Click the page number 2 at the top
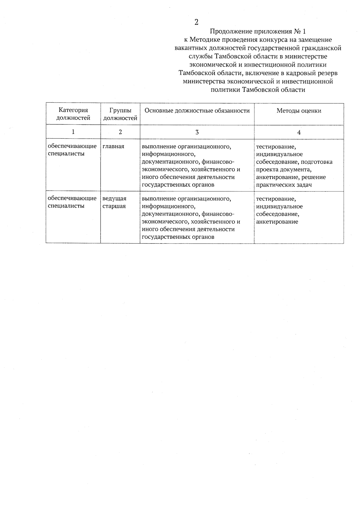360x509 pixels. click(196, 22)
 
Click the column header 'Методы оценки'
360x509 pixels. click(299, 111)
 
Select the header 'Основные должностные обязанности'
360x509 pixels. click(197, 111)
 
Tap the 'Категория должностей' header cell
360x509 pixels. click(73, 114)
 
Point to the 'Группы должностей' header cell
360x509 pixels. click(120, 114)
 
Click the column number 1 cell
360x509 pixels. click(73, 132)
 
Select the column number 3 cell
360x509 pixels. click(197, 132)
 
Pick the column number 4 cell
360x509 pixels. click(299, 132)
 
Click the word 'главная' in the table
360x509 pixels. click(113, 146)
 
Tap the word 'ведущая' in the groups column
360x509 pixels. click(114, 199)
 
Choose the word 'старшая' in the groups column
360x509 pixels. click(114, 206)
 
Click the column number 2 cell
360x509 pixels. click(120, 132)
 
